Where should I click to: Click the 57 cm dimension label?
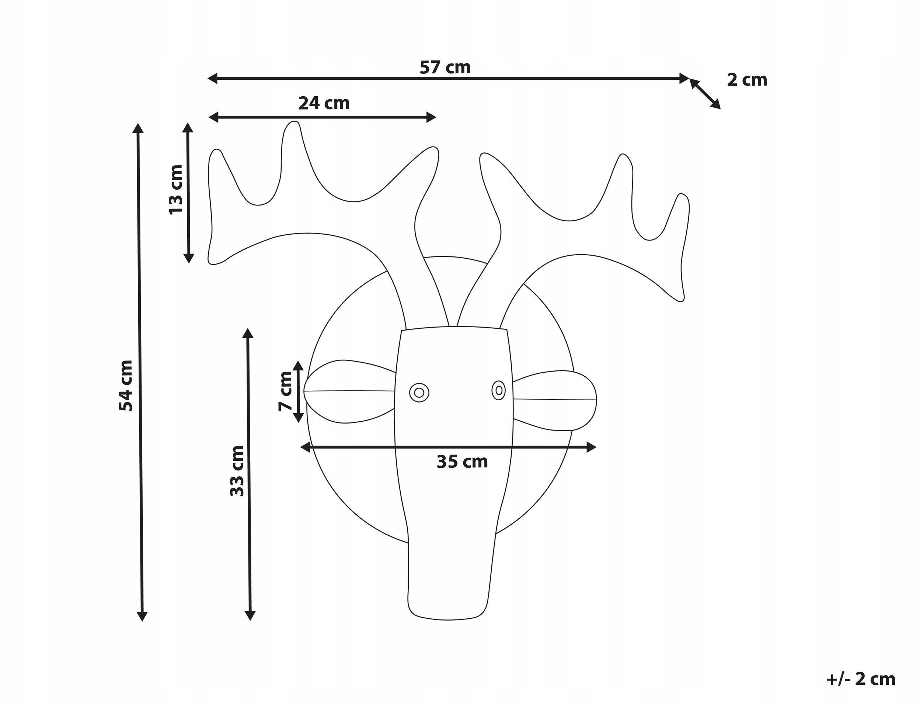point(445,68)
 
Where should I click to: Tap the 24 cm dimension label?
point(324,103)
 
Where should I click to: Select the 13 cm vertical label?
point(175,190)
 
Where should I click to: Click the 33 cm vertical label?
point(237,471)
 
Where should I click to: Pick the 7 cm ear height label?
point(286,391)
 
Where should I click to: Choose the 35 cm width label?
point(462,462)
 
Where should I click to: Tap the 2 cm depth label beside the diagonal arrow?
point(747,80)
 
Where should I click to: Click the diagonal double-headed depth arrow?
point(705,94)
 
